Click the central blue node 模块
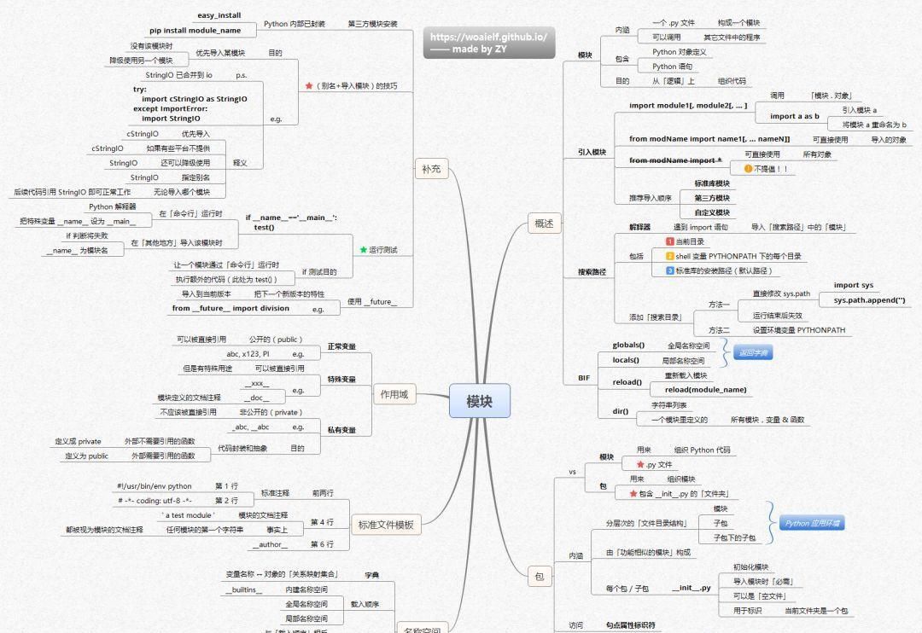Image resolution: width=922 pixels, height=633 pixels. [x=479, y=402]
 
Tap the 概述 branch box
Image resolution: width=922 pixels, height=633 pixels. [x=544, y=224]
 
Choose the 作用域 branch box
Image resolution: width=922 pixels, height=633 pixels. [x=394, y=394]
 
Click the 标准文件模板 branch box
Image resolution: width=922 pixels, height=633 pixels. [x=386, y=526]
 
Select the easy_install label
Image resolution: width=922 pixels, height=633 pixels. [x=219, y=15]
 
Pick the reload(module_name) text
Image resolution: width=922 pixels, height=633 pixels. [x=705, y=390]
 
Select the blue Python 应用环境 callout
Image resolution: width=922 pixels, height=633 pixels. [x=811, y=523]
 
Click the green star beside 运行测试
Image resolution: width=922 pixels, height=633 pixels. [x=363, y=250]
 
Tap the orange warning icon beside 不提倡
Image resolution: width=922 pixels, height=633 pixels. [x=748, y=169]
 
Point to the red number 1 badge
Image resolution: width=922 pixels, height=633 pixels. [x=670, y=242]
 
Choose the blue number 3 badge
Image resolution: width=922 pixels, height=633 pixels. [x=670, y=270]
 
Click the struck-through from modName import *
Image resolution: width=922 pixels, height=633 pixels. [x=675, y=160]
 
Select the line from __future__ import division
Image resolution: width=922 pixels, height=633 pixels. [x=230, y=309]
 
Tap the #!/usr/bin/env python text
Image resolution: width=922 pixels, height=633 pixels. [x=155, y=486]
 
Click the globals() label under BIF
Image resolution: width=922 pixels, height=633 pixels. [x=628, y=346]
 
